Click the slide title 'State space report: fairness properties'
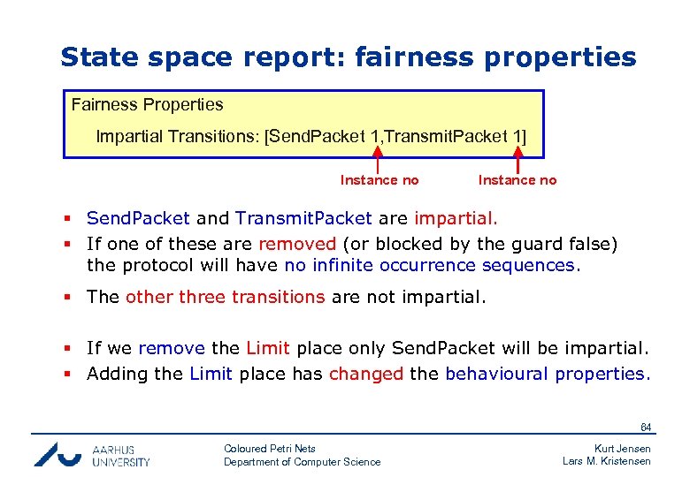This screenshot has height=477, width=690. [348, 57]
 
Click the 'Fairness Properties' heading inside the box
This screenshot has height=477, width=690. [147, 104]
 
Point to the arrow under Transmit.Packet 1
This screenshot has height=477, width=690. [517, 162]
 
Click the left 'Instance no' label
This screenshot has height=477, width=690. [379, 180]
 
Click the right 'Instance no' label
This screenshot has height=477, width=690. [517, 180]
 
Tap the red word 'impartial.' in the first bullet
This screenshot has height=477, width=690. [456, 217]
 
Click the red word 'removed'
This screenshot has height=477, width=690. [297, 243]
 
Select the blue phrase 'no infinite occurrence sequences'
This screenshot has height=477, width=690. [430, 265]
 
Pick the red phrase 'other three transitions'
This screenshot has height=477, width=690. [225, 297]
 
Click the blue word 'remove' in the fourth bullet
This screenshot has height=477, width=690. [172, 348]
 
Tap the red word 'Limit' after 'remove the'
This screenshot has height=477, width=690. [268, 348]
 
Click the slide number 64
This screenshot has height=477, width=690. [645, 428]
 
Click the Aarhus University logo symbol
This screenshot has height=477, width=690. [58, 454]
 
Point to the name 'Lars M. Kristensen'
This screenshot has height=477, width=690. [607, 461]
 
